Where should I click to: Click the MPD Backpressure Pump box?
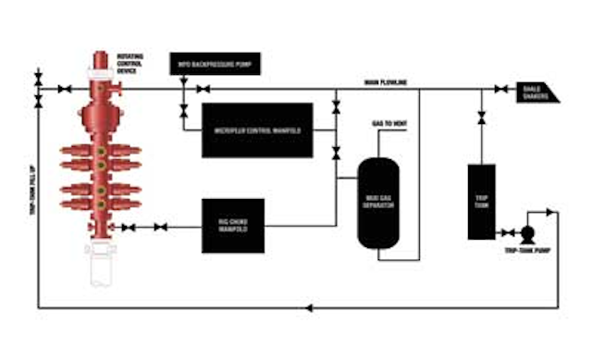[x=215, y=65]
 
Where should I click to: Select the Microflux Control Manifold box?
[x=258, y=130]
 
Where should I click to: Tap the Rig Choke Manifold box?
[x=233, y=225]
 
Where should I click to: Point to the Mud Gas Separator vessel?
[x=378, y=202]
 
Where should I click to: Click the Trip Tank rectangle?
[x=481, y=201]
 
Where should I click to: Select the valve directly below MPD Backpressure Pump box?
[x=183, y=113]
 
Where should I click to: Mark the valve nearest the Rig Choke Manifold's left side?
[x=161, y=227]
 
